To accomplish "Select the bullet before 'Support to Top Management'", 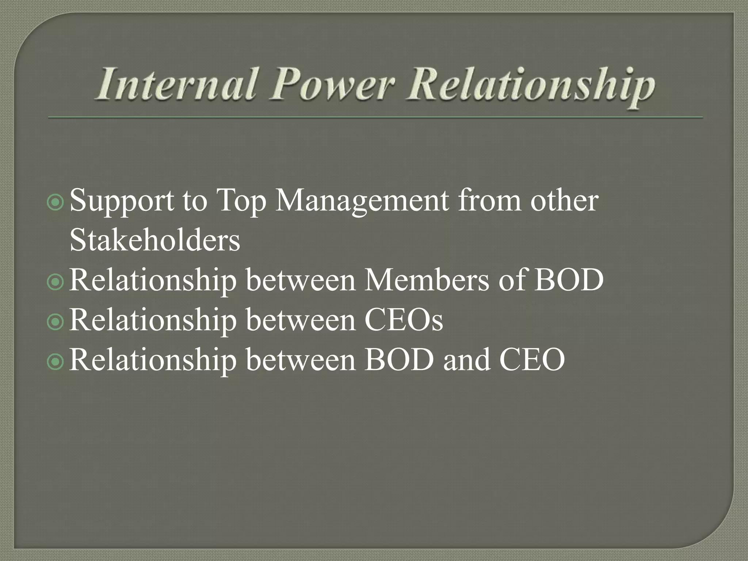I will click(x=56, y=203).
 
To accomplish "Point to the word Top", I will click(x=241, y=202).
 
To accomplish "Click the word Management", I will click(x=362, y=202).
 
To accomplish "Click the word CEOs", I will click(x=404, y=320).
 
